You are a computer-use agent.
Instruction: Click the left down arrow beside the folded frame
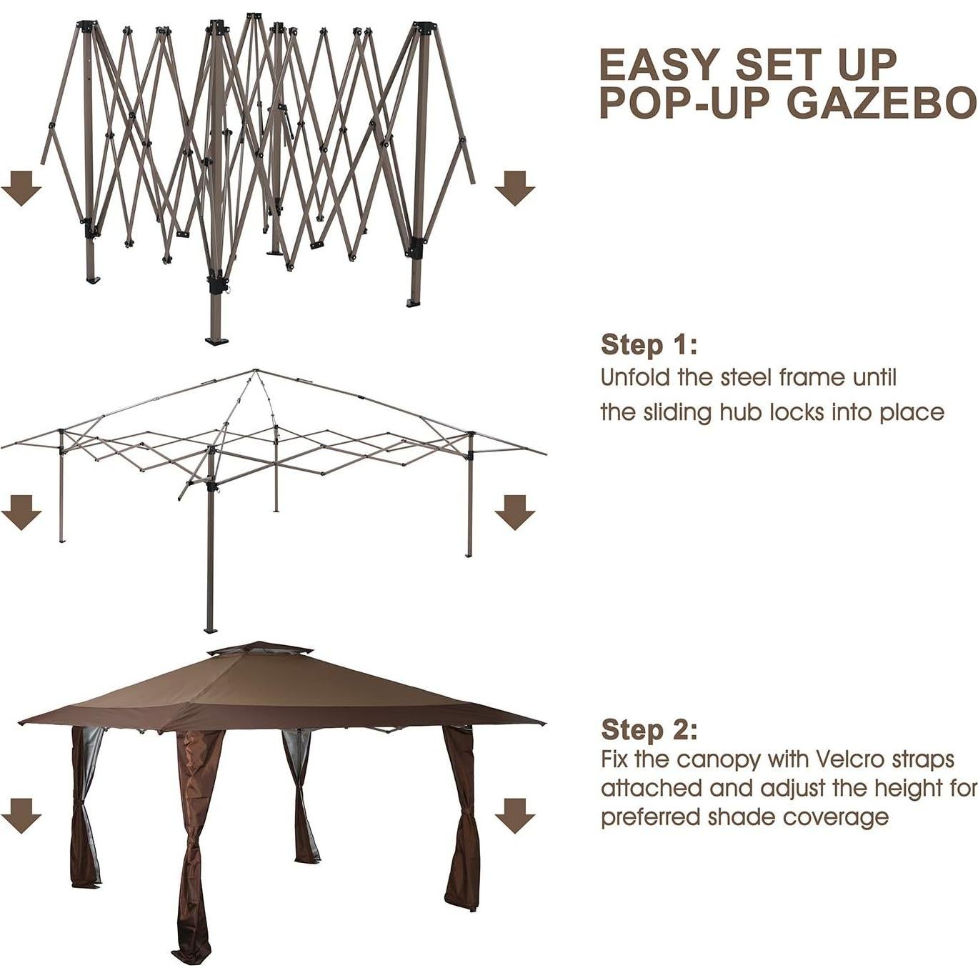[x=21, y=188]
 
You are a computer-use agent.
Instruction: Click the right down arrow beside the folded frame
[x=514, y=188]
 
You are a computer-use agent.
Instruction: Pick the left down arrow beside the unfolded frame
[x=21, y=512]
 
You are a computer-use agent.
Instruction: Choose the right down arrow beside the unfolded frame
[x=514, y=512]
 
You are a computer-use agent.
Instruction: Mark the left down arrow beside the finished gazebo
[x=21, y=815]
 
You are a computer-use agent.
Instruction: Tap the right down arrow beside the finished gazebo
[x=514, y=815]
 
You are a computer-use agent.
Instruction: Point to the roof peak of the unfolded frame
[x=255, y=371]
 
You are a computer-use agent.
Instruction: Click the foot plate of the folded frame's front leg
[x=216, y=340]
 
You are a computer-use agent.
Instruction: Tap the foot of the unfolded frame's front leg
[x=210, y=629]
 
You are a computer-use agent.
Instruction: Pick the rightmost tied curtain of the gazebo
[x=461, y=822]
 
